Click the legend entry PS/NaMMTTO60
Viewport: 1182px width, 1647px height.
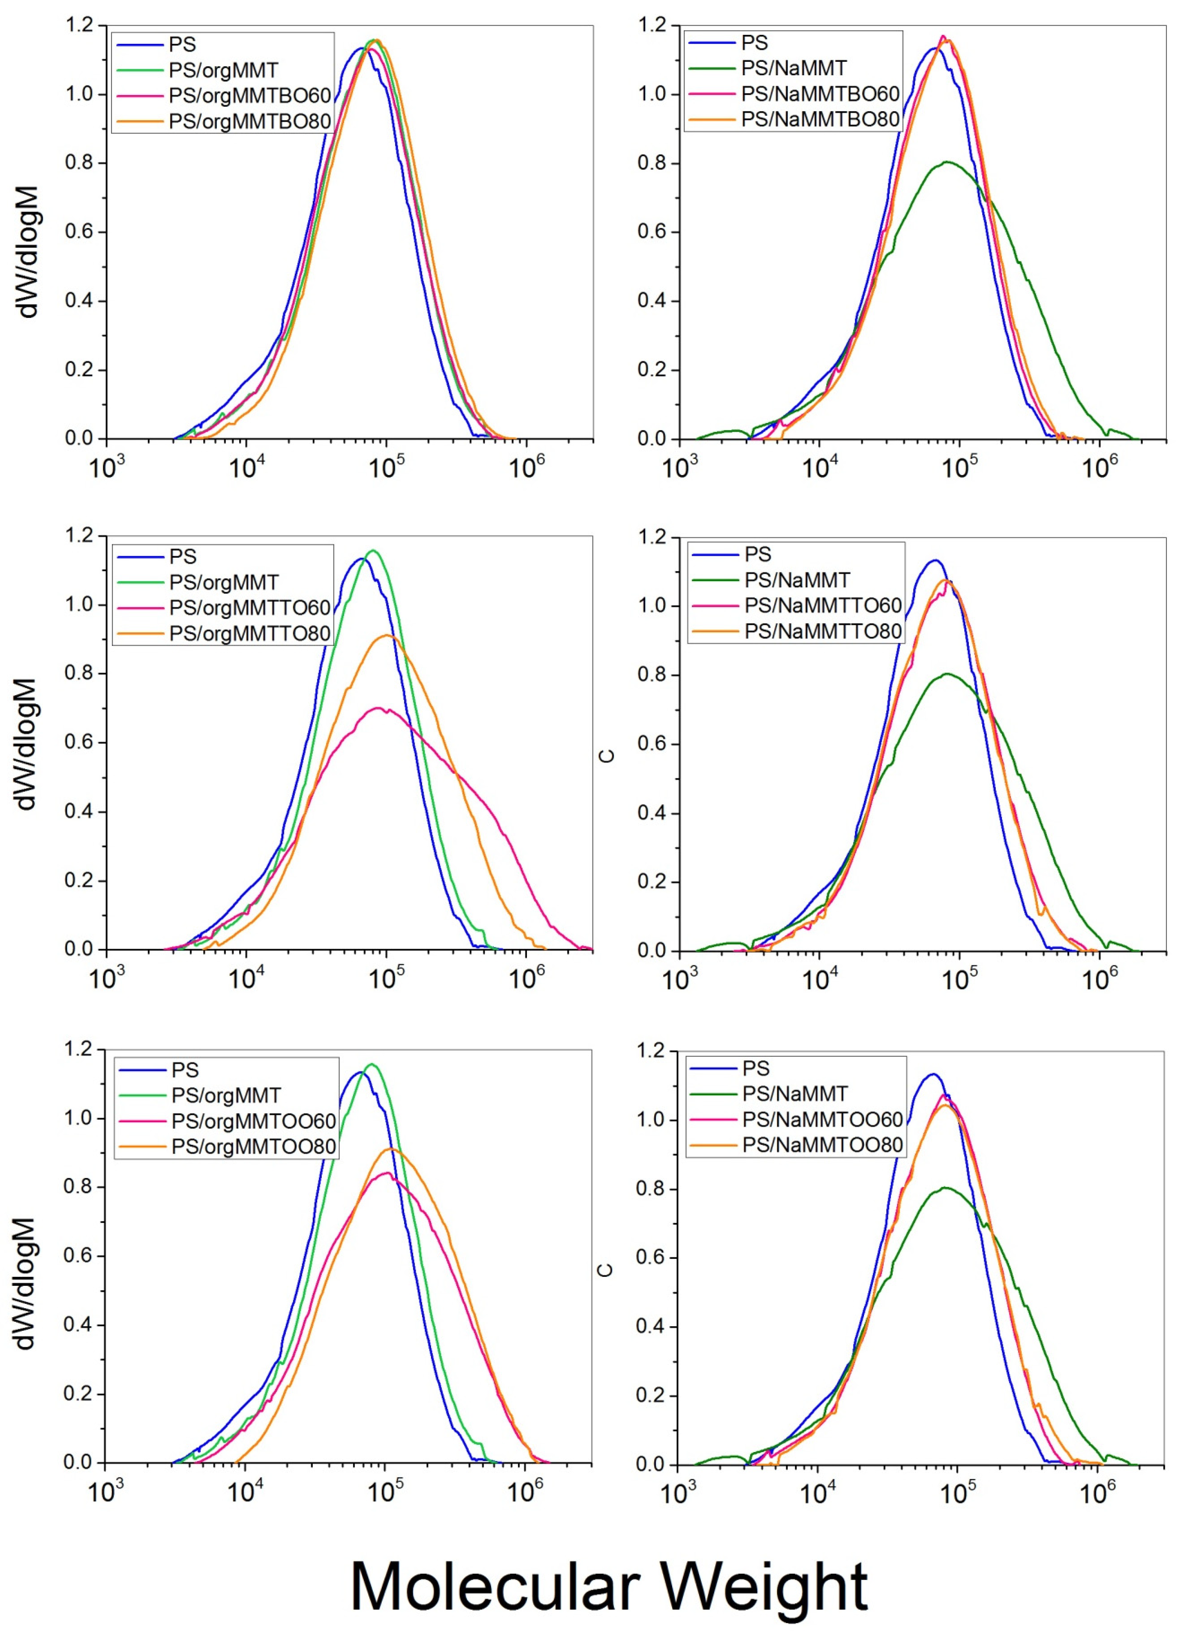(x=823, y=605)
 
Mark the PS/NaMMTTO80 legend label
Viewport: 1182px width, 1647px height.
(x=823, y=631)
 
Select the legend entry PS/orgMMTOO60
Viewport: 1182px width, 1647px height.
(x=253, y=1120)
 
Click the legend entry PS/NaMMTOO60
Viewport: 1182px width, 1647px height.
(x=822, y=1119)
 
